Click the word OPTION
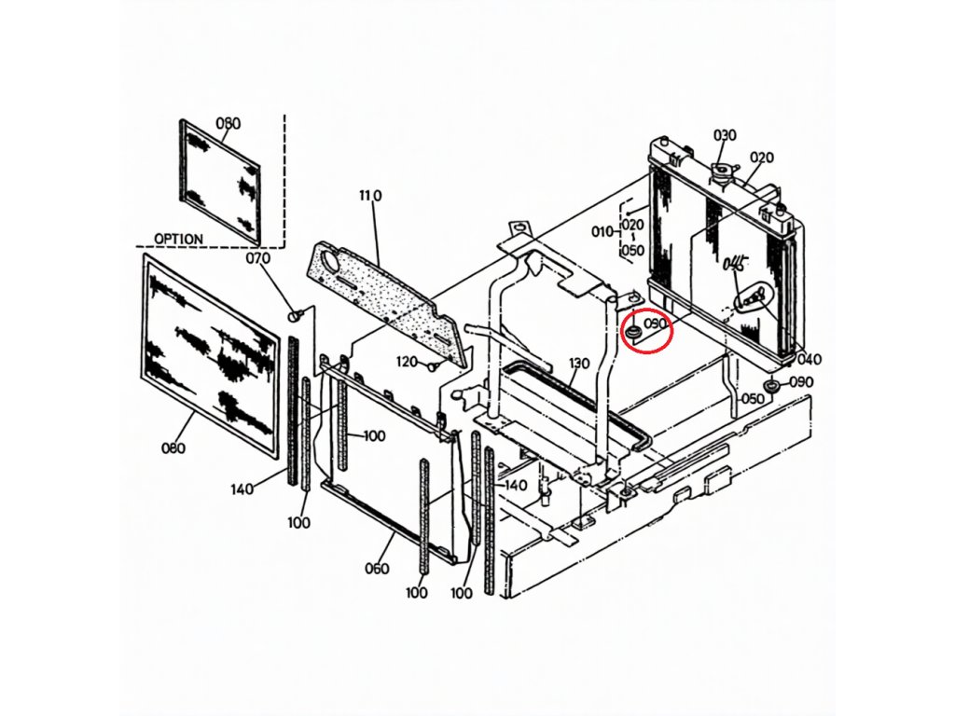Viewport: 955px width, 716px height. pyautogui.click(x=178, y=239)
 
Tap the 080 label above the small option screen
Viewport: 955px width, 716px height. pyautogui.click(x=228, y=123)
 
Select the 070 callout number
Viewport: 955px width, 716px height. pyautogui.click(x=257, y=258)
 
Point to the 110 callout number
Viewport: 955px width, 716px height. pyautogui.click(x=370, y=196)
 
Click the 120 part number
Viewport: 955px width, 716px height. pyautogui.click(x=407, y=362)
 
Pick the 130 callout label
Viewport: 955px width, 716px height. pyautogui.click(x=579, y=363)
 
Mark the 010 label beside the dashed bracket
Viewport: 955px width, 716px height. pyautogui.click(x=602, y=231)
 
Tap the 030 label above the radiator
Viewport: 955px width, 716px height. pyautogui.click(x=725, y=135)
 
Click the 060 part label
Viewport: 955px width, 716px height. pyautogui.click(x=377, y=569)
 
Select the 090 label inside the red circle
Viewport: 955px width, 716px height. pyautogui.click(x=657, y=324)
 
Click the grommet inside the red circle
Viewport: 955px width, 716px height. pyautogui.click(x=632, y=330)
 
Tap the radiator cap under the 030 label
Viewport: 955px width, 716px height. pyautogui.click(x=721, y=172)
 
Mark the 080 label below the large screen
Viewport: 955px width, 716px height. pyautogui.click(x=173, y=448)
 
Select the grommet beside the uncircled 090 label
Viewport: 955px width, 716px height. pyautogui.click(x=771, y=386)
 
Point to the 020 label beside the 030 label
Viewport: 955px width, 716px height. pyautogui.click(x=762, y=158)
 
